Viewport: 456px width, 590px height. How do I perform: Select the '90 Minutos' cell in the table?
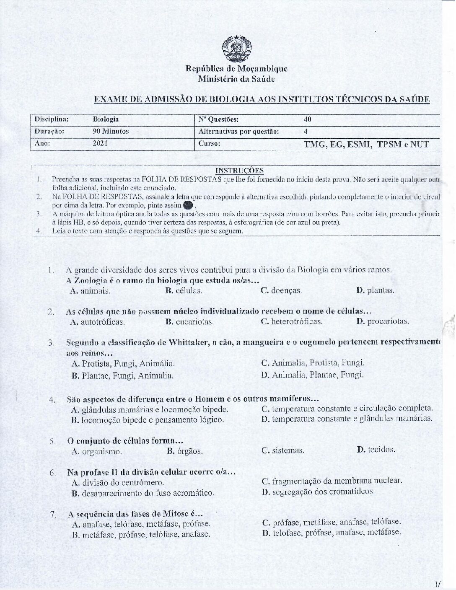tap(111, 131)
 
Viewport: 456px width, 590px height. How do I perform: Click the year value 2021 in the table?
tap(100, 143)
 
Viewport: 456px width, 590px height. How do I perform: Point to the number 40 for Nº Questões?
tap(307, 119)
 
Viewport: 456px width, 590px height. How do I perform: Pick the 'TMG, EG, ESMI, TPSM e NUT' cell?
tap(366, 145)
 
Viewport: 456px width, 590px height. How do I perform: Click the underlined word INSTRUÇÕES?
tap(239, 170)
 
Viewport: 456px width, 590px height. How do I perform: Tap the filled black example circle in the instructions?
tap(189, 205)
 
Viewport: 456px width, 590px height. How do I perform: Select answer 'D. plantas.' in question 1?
tap(375, 290)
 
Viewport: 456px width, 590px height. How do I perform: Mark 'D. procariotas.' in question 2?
tap(382, 322)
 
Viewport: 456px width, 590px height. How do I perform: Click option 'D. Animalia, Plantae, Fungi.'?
tap(312, 375)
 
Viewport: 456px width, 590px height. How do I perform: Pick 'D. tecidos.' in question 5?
tap(376, 450)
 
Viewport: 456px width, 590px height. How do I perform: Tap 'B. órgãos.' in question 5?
tap(185, 451)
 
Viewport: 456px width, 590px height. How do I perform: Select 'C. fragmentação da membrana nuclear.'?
tap(332, 481)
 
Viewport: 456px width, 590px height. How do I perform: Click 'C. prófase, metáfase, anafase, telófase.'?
tap(331, 523)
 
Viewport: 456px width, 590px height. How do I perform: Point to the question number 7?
tap(53, 515)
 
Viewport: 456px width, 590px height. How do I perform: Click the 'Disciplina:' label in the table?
tap(52, 119)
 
